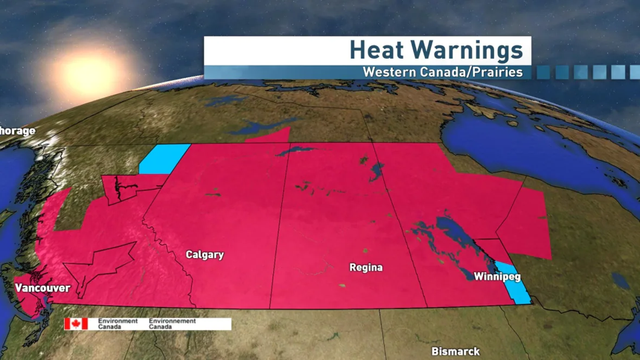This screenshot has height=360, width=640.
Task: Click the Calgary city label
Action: point(205,255)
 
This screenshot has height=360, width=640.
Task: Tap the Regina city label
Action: point(366,268)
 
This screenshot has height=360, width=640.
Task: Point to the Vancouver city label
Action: point(43,288)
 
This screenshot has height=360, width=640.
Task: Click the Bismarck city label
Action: point(455,351)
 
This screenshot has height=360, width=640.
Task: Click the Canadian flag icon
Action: point(76,323)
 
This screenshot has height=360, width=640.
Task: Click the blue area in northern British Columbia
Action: point(163,158)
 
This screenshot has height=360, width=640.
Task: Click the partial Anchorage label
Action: point(17,131)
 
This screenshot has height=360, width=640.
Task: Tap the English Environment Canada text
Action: point(117,323)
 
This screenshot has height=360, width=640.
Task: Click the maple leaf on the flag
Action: point(76,323)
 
